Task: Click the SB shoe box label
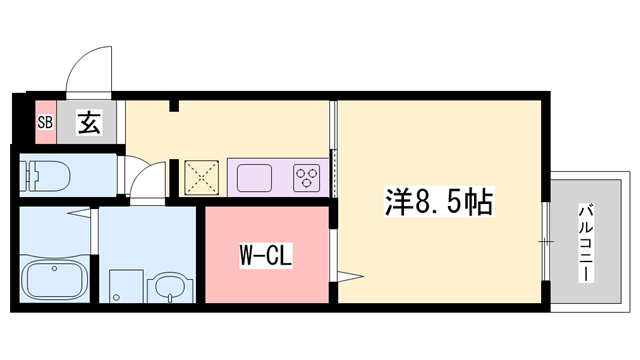click(x=44, y=123)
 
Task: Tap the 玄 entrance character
click(x=88, y=123)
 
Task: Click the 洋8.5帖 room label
click(x=437, y=202)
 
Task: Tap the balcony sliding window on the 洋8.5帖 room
click(x=546, y=240)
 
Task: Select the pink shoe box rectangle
click(x=44, y=123)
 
